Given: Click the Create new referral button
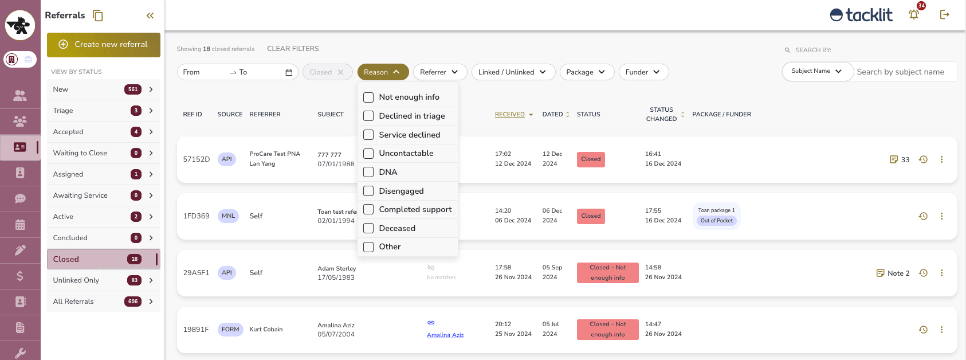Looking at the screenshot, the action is tap(104, 45).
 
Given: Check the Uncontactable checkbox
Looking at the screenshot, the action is tap(368, 154).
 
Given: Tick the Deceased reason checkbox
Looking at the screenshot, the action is tap(368, 228).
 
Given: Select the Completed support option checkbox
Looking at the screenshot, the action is tap(368, 209).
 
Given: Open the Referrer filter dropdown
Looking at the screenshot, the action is tap(439, 72).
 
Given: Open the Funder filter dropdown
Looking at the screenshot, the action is tap(643, 72).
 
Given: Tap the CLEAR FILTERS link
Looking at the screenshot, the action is tap(293, 49).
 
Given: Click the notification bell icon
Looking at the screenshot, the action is tap(913, 15).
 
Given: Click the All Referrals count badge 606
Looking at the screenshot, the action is tap(133, 302).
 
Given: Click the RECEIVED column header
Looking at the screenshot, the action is tap(510, 115).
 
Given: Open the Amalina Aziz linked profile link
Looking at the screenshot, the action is tap(445, 335).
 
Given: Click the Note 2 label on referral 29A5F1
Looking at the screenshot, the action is tap(898, 273).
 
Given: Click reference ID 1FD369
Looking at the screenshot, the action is tap(196, 216).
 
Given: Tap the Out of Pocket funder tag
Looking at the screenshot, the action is tap(716, 221).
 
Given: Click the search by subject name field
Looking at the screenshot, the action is tap(904, 72).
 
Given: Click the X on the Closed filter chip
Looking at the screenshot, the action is tap(341, 72).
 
